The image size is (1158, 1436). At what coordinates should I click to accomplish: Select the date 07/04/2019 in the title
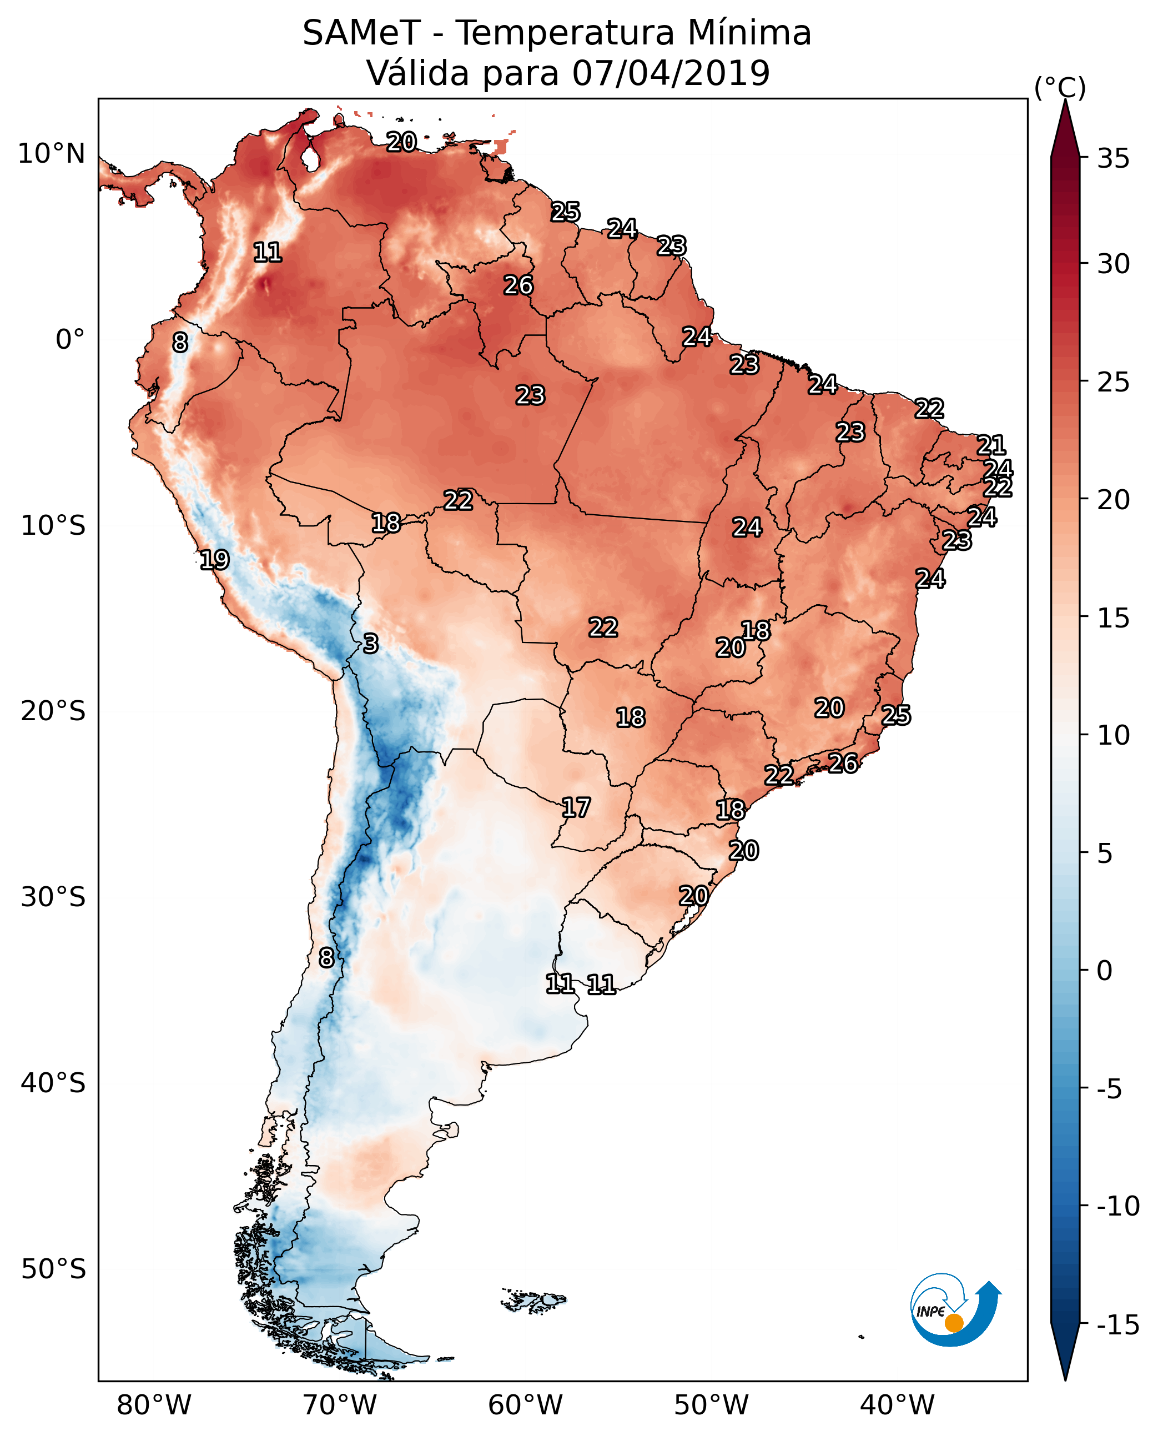[671, 73]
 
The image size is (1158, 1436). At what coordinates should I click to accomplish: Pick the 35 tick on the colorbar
[1112, 159]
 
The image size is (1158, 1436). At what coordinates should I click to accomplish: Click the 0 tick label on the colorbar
[1105, 971]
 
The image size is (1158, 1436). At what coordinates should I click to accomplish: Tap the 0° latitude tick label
[70, 340]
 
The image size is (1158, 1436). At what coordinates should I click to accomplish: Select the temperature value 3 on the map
[371, 643]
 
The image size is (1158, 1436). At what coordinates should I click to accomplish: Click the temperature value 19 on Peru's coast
[214, 560]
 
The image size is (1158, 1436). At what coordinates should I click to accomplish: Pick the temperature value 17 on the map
[576, 808]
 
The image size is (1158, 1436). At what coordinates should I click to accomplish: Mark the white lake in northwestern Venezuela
[310, 158]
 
